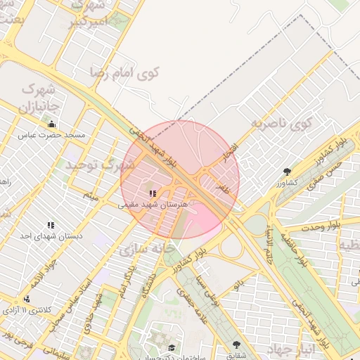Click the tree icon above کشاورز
[x=287, y=172]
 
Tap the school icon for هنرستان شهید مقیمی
[x=153, y=193]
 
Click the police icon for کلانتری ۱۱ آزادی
[x=27, y=299]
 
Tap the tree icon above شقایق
[x=236, y=345]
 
